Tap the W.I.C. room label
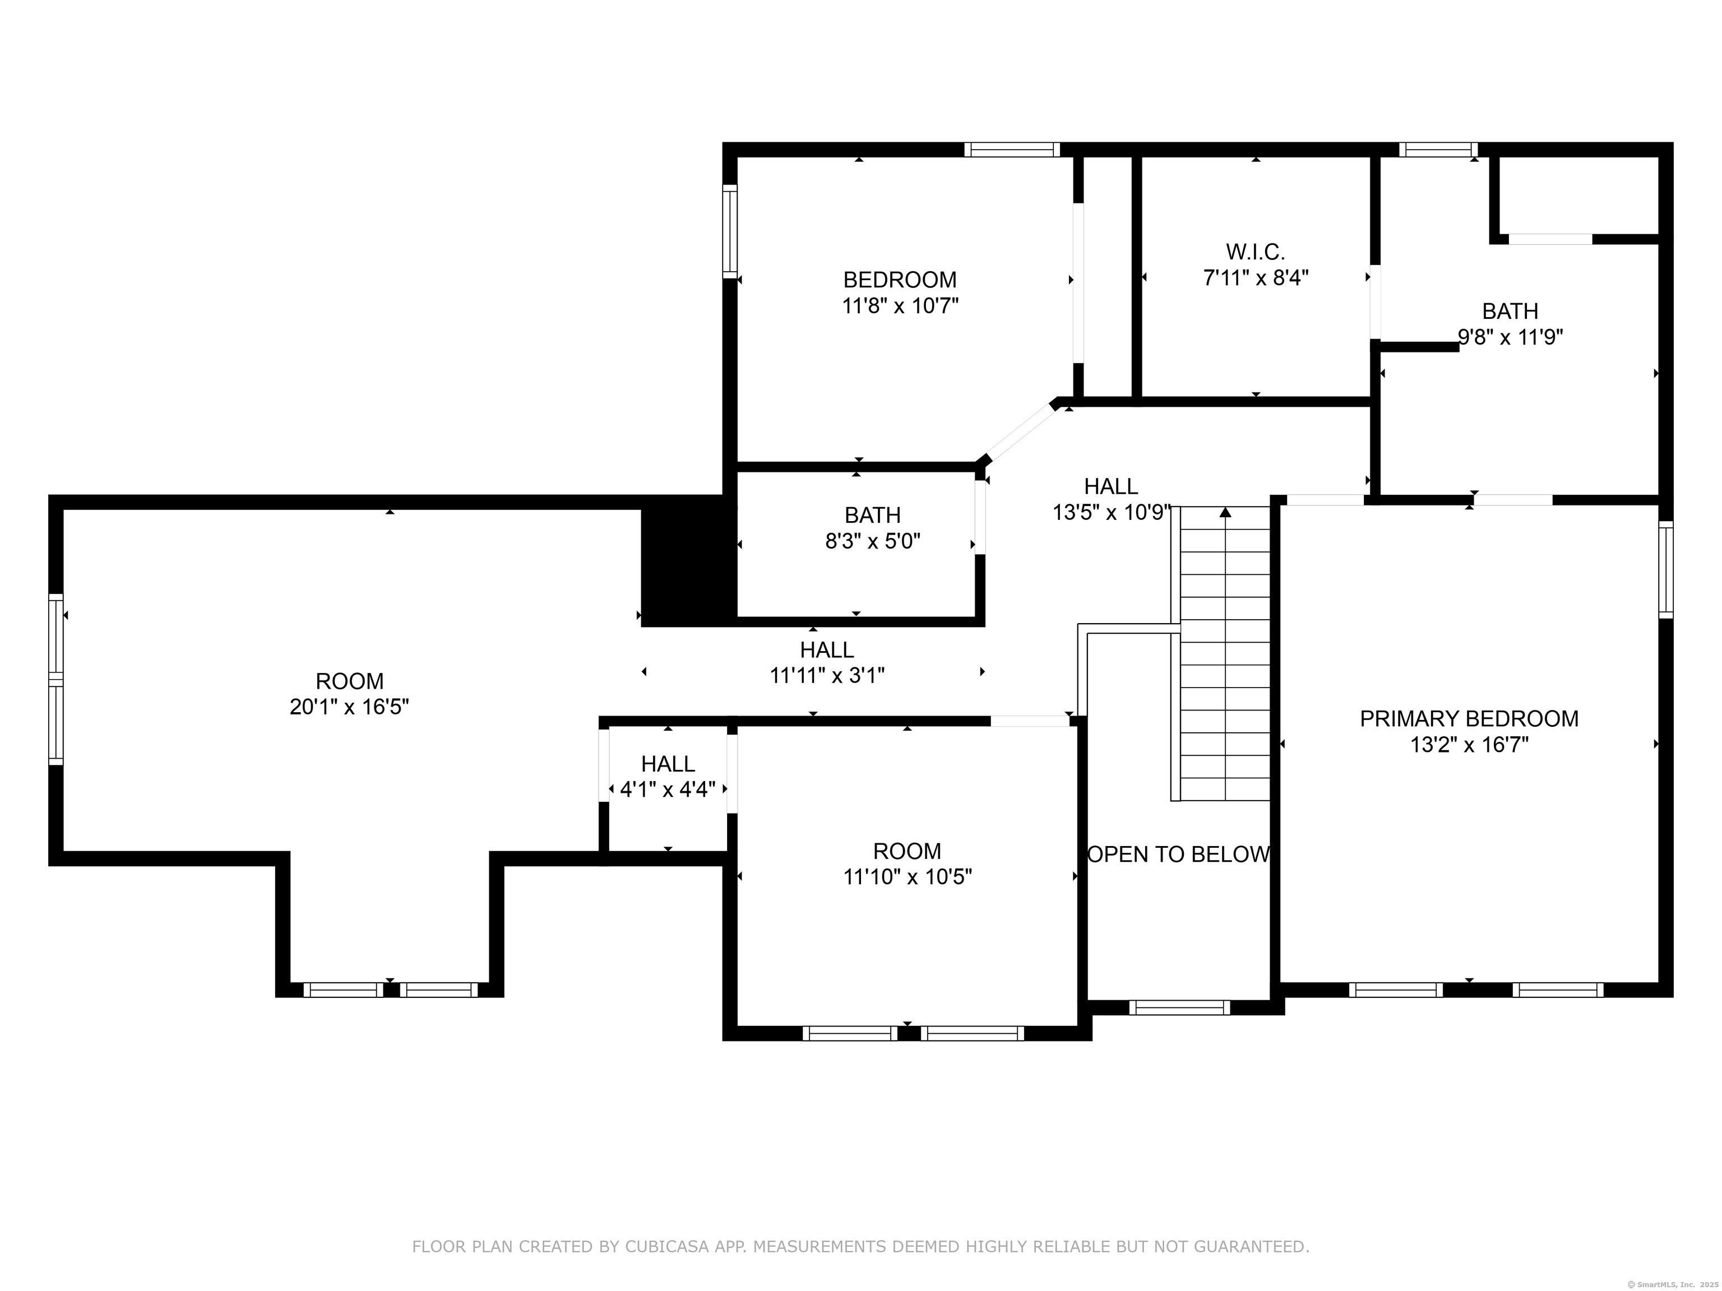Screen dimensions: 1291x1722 (x=1255, y=252)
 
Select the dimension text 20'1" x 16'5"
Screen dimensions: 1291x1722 (x=350, y=707)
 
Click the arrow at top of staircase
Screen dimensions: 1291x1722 (x=1225, y=512)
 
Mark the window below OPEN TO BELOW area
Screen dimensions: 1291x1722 (x=1179, y=1007)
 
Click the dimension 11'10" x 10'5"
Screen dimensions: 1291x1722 (x=907, y=877)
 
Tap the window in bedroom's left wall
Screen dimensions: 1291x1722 (x=729, y=231)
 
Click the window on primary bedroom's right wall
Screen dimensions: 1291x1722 (x=1665, y=570)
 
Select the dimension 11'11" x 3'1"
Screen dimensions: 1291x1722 (x=827, y=675)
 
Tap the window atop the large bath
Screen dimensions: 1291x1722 (x=1438, y=150)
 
